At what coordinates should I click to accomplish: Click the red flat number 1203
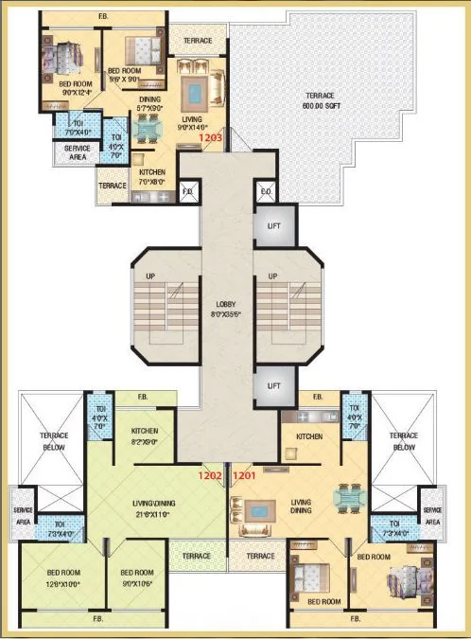coord(210,138)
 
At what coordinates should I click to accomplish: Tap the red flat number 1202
coord(210,475)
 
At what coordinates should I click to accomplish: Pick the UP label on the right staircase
coord(272,275)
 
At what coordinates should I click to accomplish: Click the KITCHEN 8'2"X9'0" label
coord(145,436)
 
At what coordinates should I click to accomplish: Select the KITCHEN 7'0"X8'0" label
coord(151,177)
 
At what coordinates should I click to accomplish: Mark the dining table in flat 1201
coord(349,498)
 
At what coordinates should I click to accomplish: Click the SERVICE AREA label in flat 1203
coord(78,152)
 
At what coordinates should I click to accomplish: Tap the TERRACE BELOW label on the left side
coord(54,442)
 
